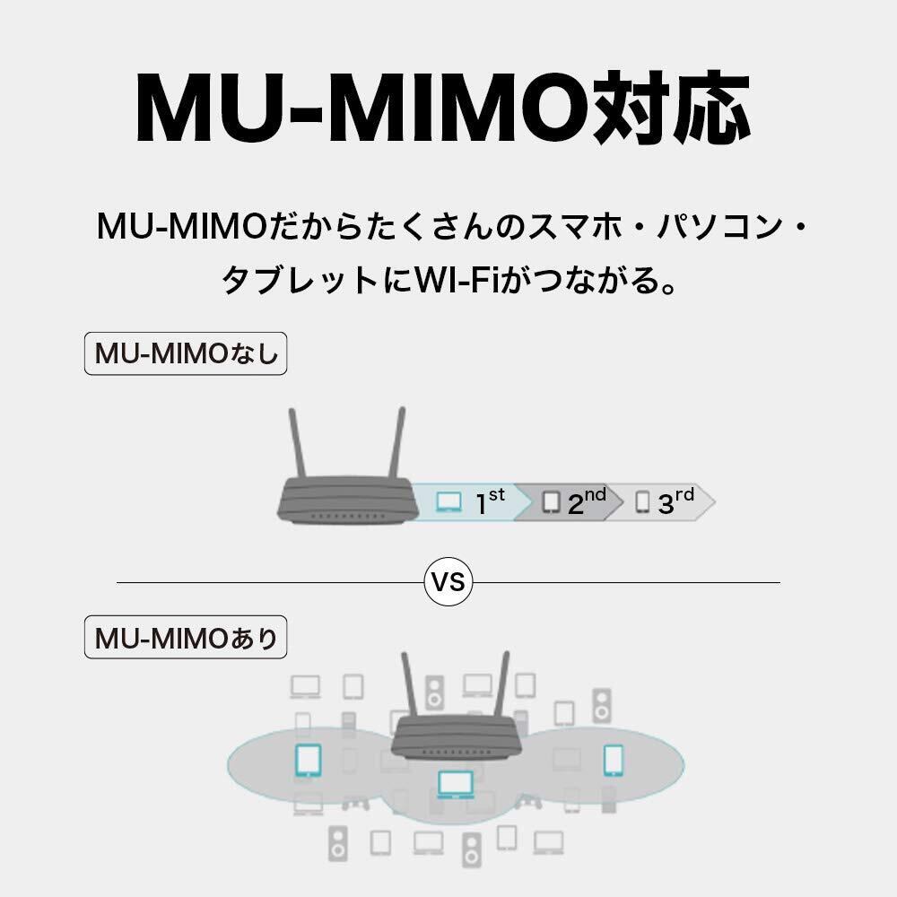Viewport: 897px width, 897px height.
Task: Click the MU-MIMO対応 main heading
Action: [443, 109]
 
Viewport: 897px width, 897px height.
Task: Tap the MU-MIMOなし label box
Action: [186, 353]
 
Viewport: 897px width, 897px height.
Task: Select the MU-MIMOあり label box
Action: [186, 637]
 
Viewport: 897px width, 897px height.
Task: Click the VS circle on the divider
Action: [448, 582]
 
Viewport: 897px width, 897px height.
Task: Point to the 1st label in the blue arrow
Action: [491, 501]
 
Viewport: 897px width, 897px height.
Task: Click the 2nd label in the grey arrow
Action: [587, 501]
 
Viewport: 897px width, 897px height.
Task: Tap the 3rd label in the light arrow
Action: [675, 501]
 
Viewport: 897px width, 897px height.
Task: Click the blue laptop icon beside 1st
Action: [448, 502]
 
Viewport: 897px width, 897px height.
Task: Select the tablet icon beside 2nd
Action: [551, 501]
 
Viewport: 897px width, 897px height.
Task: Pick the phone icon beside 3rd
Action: [642, 501]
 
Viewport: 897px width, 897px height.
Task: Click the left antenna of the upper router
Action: [297, 443]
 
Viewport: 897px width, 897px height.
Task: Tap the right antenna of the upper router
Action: [397, 442]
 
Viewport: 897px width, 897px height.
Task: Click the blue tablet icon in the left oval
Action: [308, 761]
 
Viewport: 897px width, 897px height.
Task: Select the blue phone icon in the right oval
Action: [614, 761]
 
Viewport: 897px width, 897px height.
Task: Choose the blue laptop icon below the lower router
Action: [456, 784]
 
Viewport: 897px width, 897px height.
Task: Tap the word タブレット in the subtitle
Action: [300, 280]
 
